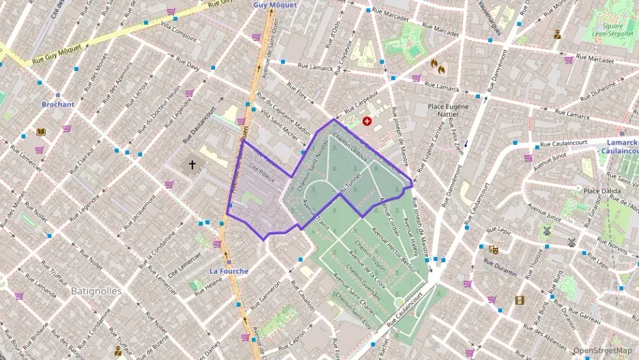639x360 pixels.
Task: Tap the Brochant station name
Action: click(58, 105)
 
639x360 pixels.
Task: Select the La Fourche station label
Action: click(229, 271)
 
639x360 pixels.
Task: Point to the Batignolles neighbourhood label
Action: click(96, 290)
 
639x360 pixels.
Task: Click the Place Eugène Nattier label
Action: click(448, 111)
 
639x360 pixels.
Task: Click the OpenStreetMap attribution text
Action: click(602, 350)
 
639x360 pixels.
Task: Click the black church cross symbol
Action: click(193, 165)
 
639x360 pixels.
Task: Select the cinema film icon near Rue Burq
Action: click(520, 300)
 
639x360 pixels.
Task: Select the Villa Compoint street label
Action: click(178, 31)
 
